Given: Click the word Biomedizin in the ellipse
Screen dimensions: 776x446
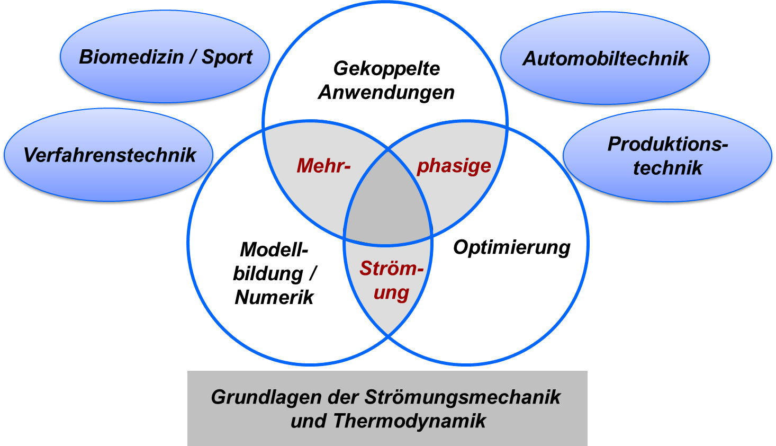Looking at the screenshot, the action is [131, 57].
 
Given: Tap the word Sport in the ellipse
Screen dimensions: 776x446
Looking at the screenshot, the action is [227, 58].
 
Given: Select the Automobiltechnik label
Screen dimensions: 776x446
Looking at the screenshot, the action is [605, 59].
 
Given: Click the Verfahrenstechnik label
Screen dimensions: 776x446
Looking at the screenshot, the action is [110, 155].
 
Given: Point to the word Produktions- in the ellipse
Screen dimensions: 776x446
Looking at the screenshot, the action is [667, 144].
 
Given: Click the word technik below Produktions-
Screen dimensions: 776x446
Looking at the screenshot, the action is [667, 168].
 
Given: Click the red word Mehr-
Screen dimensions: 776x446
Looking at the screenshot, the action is [323, 166].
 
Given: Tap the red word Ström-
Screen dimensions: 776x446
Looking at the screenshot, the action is [392, 269].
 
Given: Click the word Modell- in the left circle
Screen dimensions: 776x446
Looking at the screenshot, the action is [274, 249].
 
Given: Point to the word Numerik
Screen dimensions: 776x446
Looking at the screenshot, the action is [274, 297].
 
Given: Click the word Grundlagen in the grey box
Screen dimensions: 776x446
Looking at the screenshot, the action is [266, 397].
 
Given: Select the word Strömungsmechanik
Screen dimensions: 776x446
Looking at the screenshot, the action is [463, 397].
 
